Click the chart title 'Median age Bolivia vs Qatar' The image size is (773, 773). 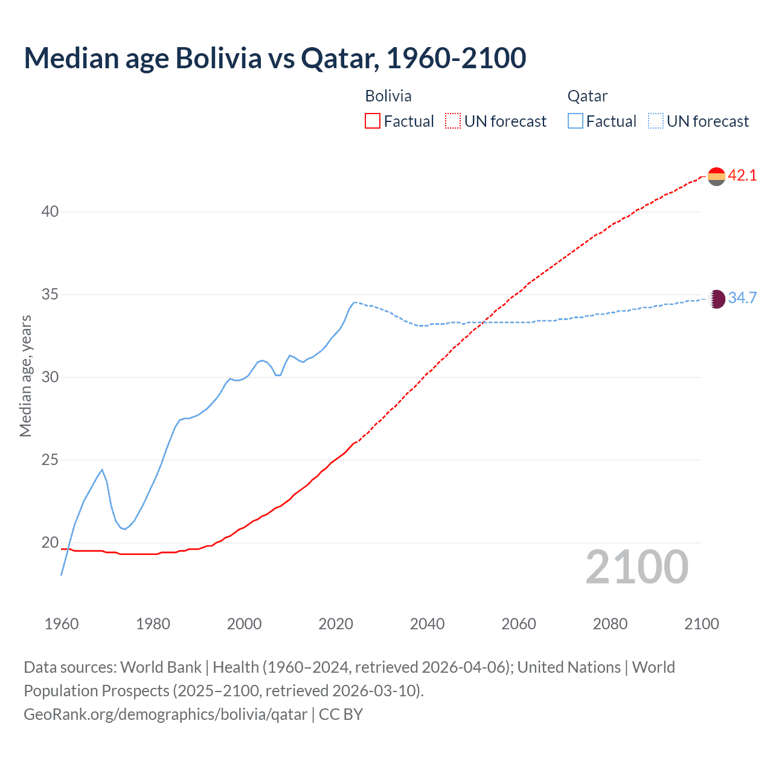tap(275, 58)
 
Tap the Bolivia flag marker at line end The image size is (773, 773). tap(716, 176)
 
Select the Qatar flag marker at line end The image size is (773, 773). tap(716, 298)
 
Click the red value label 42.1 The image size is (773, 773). tap(742, 176)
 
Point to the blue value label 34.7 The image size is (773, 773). tap(742, 298)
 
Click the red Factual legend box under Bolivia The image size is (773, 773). tap(373, 121)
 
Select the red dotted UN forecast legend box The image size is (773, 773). tap(453, 121)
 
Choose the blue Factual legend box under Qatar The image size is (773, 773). tap(576, 121)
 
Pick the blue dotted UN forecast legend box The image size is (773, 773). tap(655, 121)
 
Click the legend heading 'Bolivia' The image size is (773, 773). tap(388, 96)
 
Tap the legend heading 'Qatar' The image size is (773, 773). tap(587, 96)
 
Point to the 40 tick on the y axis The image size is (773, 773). tap(50, 211)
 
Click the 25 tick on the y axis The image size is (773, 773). tap(50, 460)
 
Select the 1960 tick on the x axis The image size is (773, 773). tap(62, 624)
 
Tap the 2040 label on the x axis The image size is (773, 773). tap(427, 624)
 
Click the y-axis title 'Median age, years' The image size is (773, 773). tap(25, 376)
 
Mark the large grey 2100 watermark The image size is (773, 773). tap(637, 567)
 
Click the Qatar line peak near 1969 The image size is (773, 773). tap(102, 469)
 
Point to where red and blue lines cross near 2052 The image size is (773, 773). tap(481, 322)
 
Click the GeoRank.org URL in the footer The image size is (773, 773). tap(165, 714)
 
